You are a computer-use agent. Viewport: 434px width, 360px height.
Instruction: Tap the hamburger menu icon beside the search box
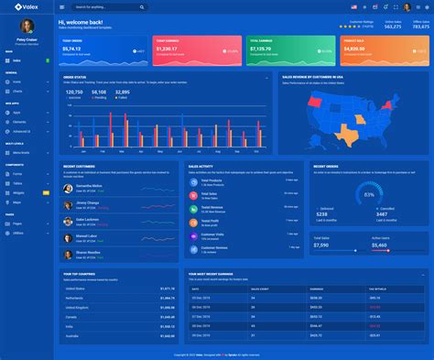tap(62, 6)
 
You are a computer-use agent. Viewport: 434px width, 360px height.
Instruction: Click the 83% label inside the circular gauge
tap(369, 194)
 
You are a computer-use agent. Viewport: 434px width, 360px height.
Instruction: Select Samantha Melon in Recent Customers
tap(89, 185)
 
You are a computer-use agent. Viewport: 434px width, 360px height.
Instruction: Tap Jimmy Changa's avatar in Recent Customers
tap(68, 203)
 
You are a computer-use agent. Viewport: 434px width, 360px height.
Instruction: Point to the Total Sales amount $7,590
tap(321, 245)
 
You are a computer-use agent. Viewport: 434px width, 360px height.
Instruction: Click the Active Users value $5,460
tap(379, 245)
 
